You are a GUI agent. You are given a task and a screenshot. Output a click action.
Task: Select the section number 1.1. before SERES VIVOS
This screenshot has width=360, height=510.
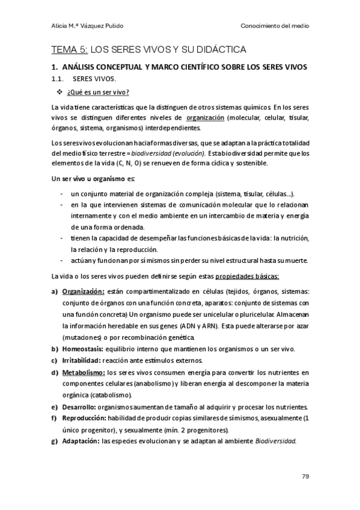point(59,79)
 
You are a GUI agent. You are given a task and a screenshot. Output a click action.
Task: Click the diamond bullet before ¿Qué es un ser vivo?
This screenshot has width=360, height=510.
point(59,91)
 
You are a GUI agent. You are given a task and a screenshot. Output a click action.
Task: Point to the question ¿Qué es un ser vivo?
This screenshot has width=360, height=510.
point(98,91)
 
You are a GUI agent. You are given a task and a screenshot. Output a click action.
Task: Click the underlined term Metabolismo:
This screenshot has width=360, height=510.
point(84,372)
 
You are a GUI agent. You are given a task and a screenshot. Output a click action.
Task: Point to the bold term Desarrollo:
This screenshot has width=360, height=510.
point(81,407)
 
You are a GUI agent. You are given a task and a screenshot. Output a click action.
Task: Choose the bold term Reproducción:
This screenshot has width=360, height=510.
point(84,418)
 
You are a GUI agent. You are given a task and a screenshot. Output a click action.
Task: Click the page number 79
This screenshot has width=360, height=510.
point(305,477)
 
